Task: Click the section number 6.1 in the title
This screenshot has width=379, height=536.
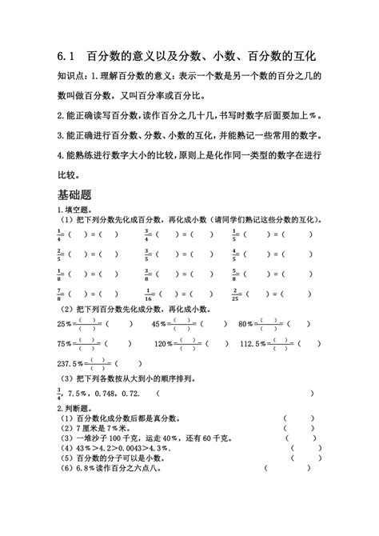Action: point(66,58)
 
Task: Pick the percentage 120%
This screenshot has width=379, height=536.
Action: point(163,344)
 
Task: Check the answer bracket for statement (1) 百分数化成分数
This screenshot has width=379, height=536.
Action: point(297,418)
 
